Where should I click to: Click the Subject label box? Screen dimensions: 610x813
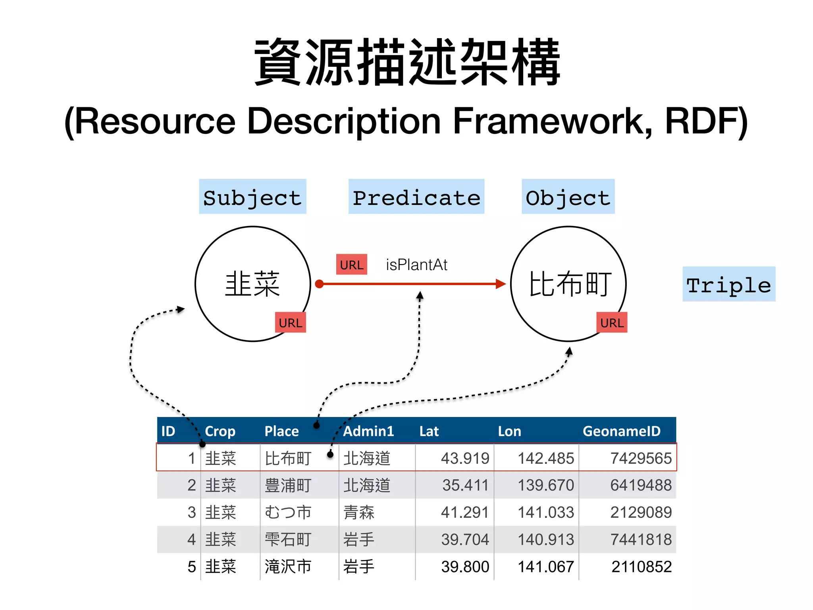(252, 197)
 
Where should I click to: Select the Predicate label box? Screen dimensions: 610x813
(416, 197)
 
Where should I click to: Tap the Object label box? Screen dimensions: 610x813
(568, 197)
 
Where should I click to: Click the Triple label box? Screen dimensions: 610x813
(728, 284)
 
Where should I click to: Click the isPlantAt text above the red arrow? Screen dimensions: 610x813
(416, 265)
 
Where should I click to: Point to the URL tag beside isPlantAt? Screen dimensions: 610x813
(351, 265)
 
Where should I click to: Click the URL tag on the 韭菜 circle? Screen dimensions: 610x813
(290, 322)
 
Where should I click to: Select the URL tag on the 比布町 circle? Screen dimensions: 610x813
(611, 322)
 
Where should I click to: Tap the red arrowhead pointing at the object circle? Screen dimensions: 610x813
(501, 284)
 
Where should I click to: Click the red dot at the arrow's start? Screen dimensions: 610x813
(319, 284)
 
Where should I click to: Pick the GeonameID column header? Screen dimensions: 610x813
(621, 431)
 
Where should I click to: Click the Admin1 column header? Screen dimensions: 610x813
(368, 431)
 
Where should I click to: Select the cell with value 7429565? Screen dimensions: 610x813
(640, 458)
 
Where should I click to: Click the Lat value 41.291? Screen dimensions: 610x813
(464, 512)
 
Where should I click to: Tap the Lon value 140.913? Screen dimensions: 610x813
(545, 539)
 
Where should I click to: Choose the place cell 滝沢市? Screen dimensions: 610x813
(288, 567)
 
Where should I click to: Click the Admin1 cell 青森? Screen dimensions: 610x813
(359, 512)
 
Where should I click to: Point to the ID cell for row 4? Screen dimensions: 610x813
(191, 539)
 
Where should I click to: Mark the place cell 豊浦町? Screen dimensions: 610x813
(288, 485)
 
